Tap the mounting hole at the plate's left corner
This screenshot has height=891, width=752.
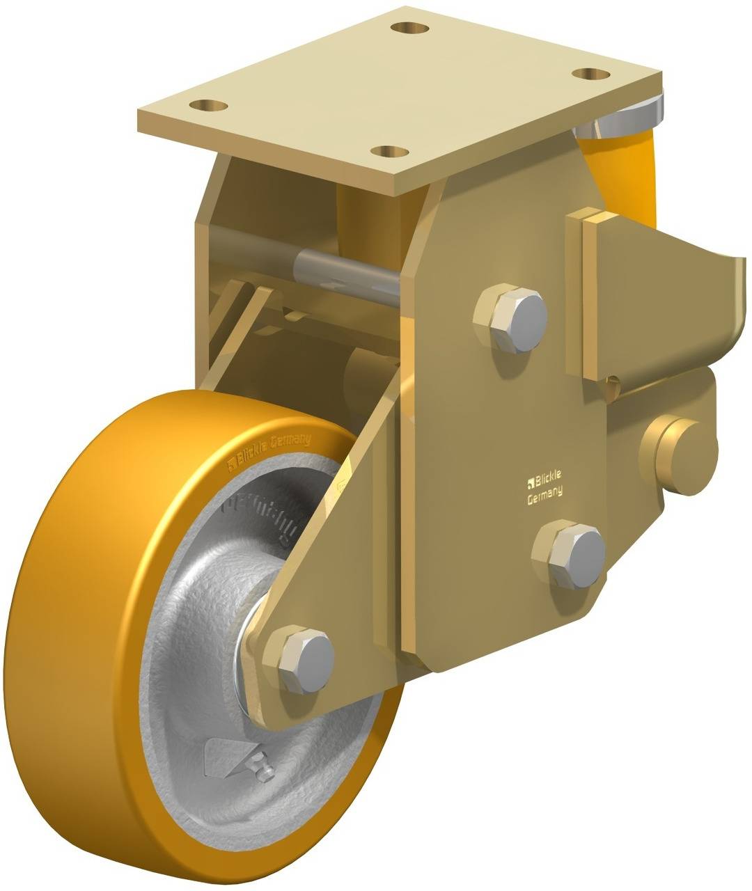(x=209, y=106)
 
